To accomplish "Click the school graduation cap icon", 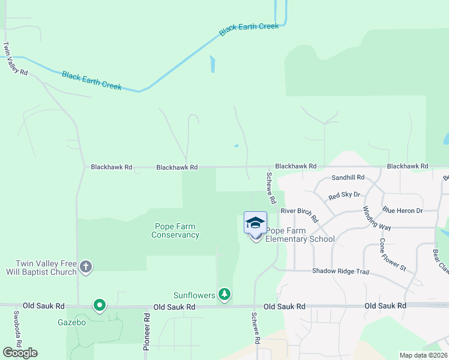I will (x=256, y=222).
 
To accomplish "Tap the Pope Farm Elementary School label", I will (x=300, y=235).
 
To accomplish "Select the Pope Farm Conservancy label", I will (x=175, y=230).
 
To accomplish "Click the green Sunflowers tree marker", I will (x=224, y=294).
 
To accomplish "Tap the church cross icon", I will (x=86, y=267).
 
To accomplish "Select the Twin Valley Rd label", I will (x=15, y=59).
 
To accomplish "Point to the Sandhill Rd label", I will (x=348, y=178).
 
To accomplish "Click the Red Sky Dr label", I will (x=344, y=196).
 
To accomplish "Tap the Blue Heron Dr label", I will (x=402, y=211).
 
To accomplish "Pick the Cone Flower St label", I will (x=393, y=254).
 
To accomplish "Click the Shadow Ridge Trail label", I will (x=340, y=271).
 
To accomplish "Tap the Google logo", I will (x=20, y=353).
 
